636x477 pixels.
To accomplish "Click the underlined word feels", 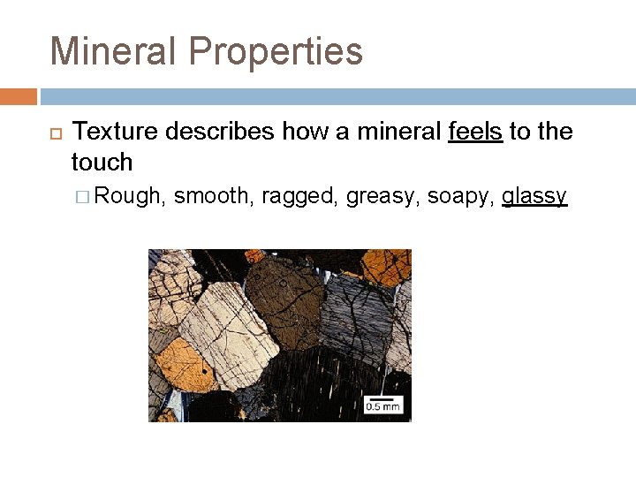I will pos(475,132).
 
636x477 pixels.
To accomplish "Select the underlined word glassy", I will pos(534,196).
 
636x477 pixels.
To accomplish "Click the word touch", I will pos(102,163).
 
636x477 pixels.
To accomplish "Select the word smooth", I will pos(213,195).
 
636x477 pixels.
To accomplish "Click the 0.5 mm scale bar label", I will pos(382,405).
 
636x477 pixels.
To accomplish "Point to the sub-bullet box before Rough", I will pos(85,196).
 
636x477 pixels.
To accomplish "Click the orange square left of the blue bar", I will pos(18,96).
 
